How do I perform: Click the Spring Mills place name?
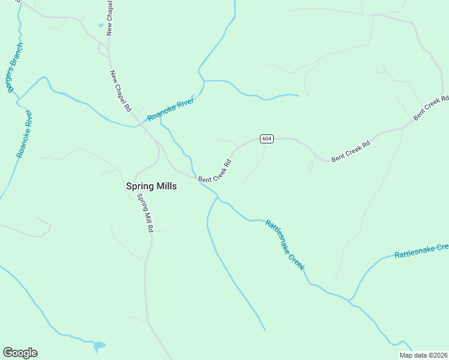151,186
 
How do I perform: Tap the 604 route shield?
267,139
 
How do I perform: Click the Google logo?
20,353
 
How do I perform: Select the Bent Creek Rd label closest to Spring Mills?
215,172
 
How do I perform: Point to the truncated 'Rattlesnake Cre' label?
421,251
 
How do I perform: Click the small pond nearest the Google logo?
98,346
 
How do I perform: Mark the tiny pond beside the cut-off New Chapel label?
100,26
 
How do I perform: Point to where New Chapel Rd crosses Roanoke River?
139,125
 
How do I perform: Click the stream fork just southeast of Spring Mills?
216,197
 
